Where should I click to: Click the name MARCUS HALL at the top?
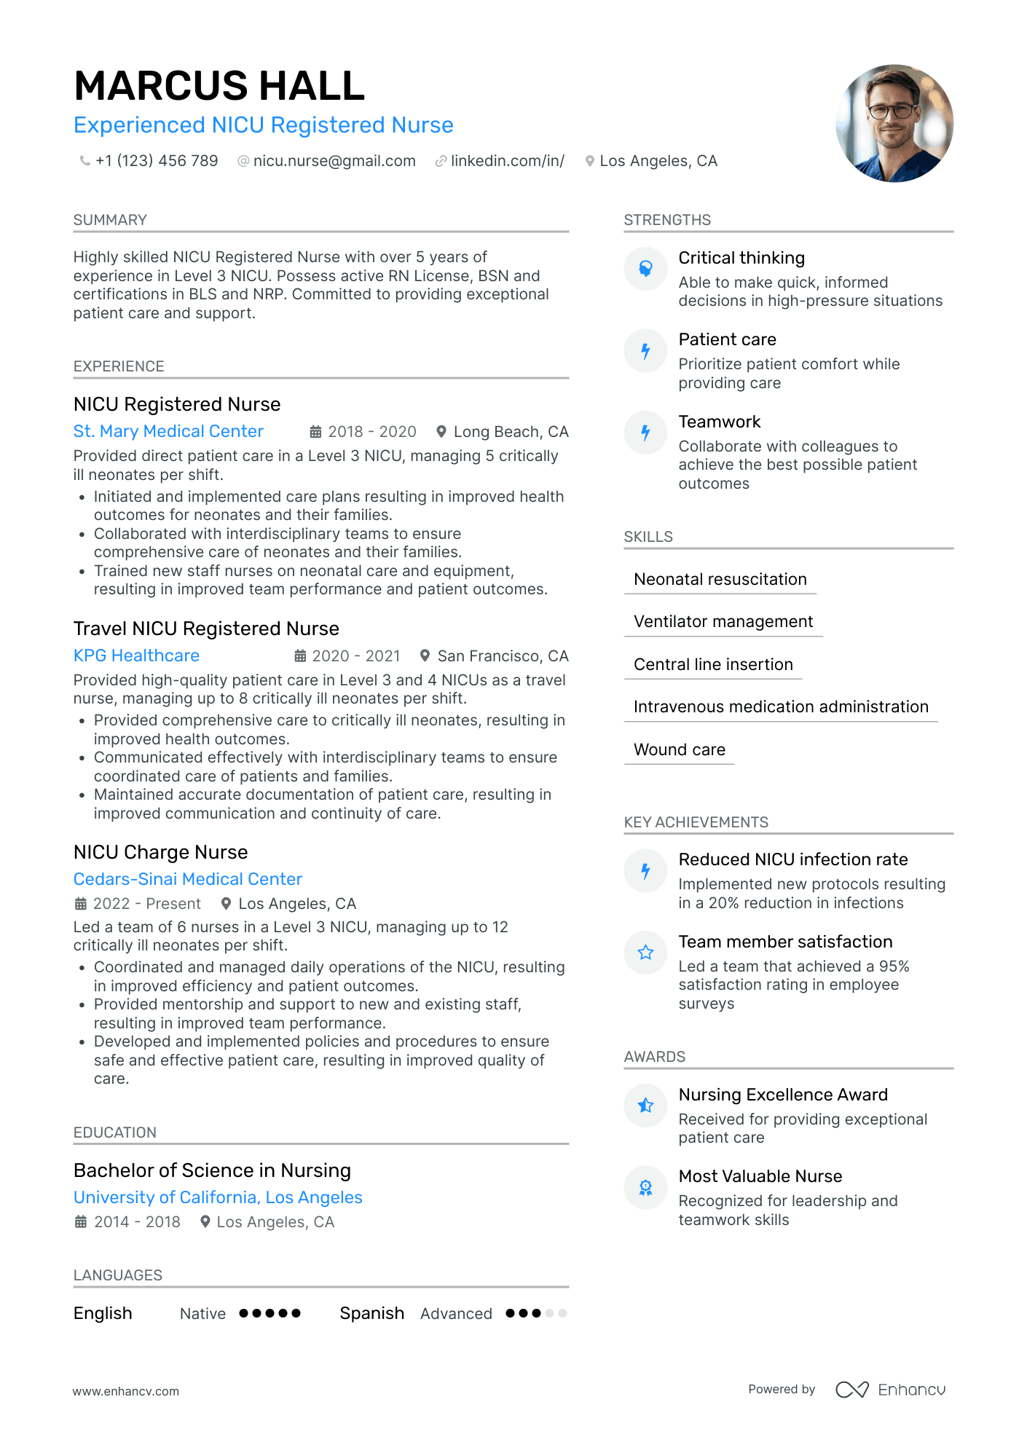219,86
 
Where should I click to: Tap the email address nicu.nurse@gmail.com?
334,161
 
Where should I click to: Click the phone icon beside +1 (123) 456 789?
85,161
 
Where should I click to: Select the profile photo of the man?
894,123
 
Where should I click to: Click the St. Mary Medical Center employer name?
168,431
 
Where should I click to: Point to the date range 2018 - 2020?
372,432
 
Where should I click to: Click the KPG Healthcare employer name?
136,655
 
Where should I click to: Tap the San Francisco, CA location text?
503,656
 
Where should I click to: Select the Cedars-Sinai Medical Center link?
188,879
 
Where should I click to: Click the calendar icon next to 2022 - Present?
81,904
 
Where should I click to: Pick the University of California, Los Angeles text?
218,1197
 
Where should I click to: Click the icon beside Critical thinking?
645,269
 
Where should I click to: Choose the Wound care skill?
680,749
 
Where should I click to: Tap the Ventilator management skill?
723,621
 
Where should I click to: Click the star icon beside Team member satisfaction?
645,953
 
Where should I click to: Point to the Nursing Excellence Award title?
783,1095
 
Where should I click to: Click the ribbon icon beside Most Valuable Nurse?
645,1188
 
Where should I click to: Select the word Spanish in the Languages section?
371,1313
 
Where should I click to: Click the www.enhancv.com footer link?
126,1391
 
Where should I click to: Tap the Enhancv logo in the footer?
891,1390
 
